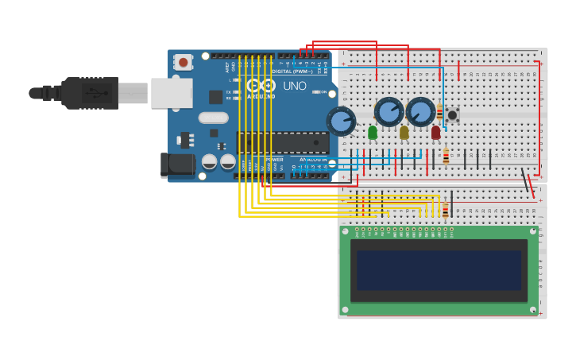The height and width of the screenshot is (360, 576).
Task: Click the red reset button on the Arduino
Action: point(183,61)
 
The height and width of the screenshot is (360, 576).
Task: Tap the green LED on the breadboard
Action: point(373,132)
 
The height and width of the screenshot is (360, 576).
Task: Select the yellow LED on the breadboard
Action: point(404,132)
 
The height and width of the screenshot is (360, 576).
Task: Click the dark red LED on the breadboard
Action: point(435,132)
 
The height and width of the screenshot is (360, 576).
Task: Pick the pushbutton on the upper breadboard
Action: point(452,115)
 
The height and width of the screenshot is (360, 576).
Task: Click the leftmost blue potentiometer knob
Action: point(341,122)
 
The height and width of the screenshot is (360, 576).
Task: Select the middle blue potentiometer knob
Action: point(389,112)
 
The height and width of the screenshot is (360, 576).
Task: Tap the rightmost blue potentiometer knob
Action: point(421,112)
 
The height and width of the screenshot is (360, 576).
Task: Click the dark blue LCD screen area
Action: point(439,270)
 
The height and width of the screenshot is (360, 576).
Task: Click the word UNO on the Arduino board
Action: point(294,86)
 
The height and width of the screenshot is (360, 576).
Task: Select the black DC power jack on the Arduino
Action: point(176,165)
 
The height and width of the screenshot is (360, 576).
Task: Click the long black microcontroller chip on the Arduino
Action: point(283,143)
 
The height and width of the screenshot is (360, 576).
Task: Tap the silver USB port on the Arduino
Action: point(172,93)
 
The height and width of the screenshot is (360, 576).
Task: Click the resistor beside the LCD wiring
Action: point(446,210)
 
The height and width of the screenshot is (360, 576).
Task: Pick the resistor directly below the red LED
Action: point(446,157)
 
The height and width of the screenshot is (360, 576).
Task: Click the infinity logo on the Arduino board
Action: point(260,85)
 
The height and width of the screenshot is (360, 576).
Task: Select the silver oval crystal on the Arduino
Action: point(213,118)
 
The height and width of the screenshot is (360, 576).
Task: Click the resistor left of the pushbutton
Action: point(439,112)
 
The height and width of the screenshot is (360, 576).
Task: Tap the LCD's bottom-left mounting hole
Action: point(345,309)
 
